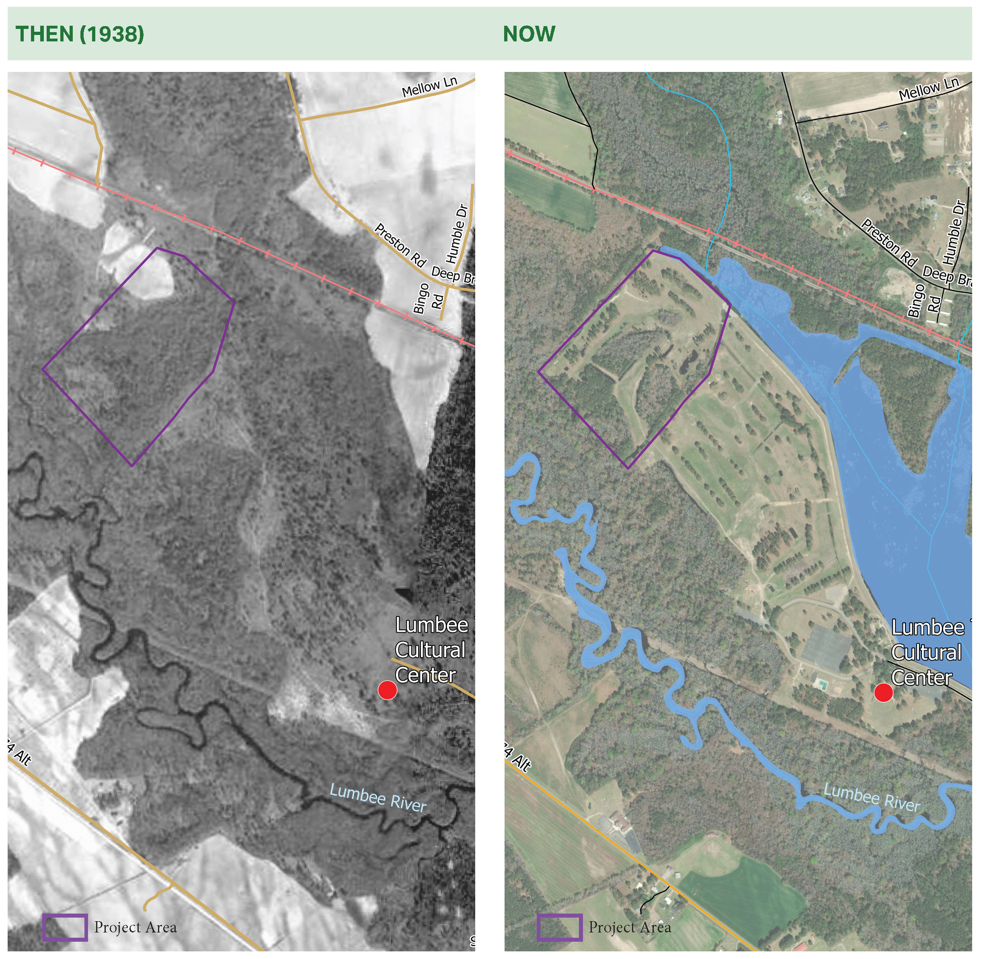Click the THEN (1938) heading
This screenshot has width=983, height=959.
coord(80,34)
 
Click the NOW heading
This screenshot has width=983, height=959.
coord(529,34)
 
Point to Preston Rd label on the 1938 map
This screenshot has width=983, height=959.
coord(400,245)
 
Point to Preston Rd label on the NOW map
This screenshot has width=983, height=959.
coord(889,243)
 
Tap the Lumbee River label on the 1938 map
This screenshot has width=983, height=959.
coord(378,798)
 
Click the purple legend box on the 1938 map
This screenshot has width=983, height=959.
coord(65,928)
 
